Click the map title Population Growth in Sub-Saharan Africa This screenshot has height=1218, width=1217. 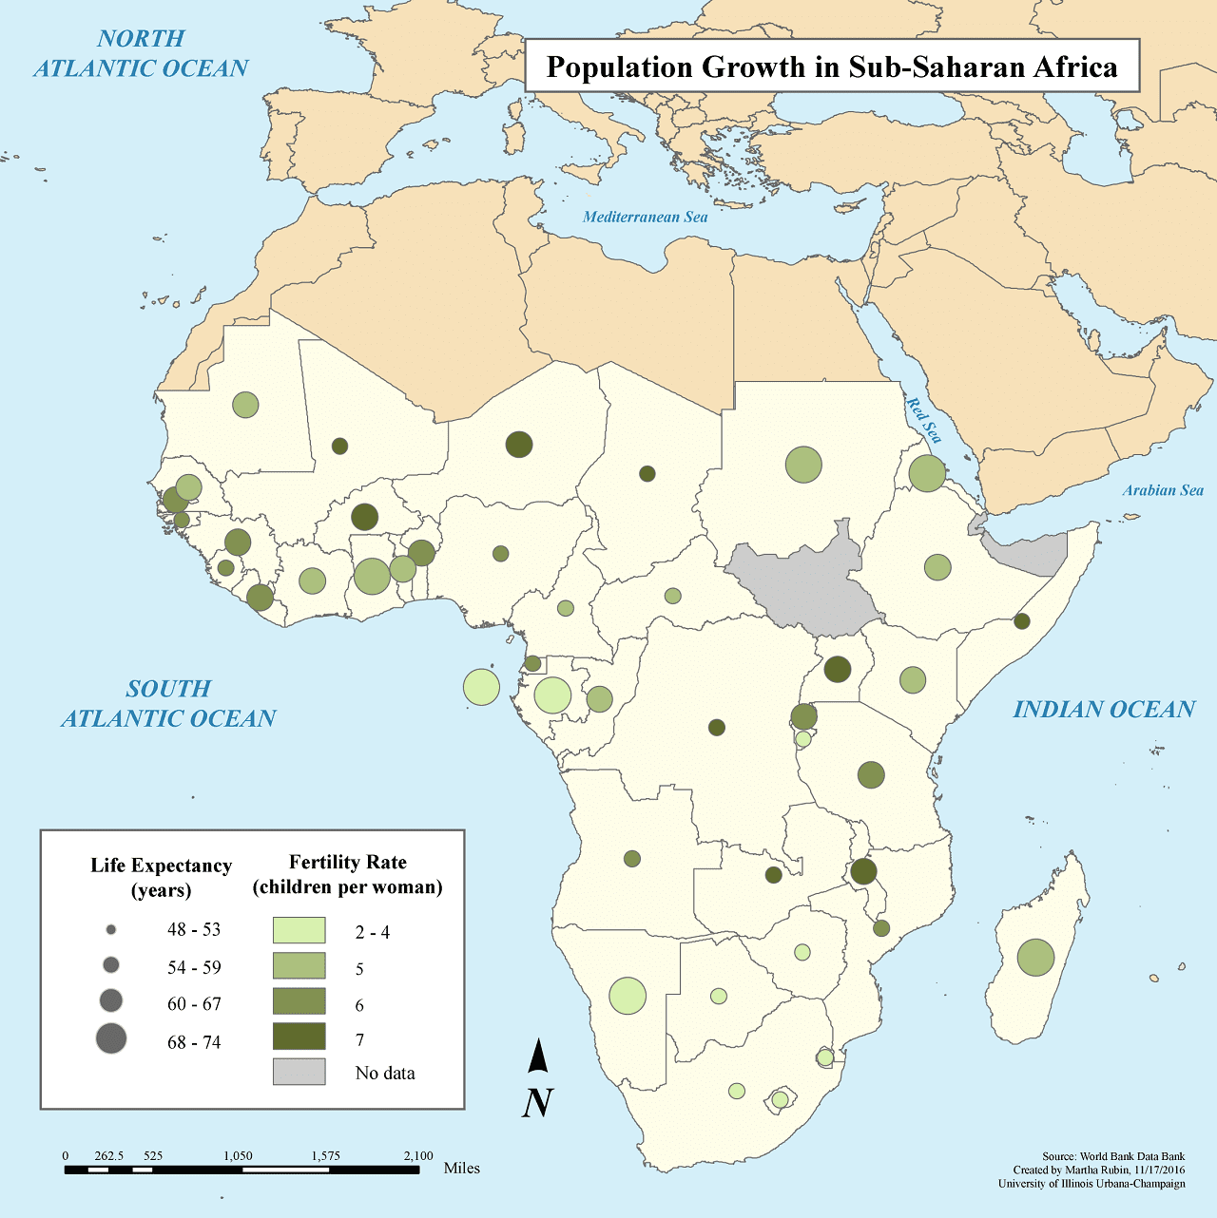[832, 67]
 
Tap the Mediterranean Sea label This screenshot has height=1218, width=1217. [645, 217]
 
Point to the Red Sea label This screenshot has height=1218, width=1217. [923, 421]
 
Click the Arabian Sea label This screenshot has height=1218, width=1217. [1162, 490]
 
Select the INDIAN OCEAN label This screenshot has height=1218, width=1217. [1103, 710]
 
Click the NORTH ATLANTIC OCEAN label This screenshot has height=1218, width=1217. [141, 53]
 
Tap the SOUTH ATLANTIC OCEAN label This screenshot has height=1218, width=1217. [168, 703]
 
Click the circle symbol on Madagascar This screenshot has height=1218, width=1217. [1035, 957]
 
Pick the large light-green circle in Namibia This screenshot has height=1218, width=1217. [628, 996]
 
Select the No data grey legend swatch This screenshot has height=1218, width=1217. [299, 1072]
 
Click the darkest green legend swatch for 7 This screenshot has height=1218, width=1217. [299, 1036]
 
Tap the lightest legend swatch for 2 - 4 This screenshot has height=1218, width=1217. [299, 930]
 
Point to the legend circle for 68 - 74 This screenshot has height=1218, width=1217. [111, 1038]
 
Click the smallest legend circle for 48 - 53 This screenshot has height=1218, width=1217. [111, 929]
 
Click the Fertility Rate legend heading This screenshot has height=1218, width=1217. [347, 874]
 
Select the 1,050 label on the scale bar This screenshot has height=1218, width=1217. [238, 1156]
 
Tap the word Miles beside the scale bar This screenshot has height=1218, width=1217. [461, 1168]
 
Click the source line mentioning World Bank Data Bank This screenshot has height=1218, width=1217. [1113, 1157]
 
